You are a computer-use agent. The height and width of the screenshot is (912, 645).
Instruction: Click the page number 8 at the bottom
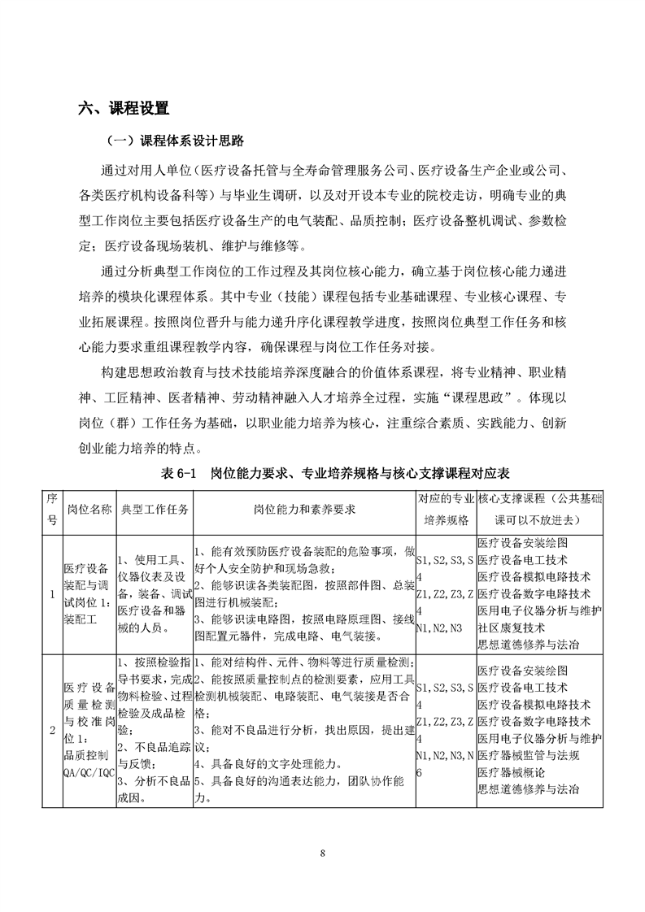click(323, 853)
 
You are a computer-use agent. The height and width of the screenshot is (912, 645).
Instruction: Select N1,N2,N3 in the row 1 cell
click(438, 628)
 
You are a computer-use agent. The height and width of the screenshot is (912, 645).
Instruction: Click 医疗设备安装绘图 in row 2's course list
click(522, 671)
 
